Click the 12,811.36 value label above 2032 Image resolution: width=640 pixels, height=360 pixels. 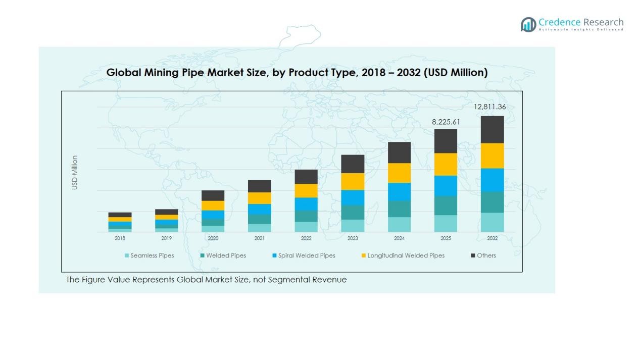click(489, 107)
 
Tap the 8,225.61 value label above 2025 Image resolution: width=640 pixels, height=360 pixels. click(446, 122)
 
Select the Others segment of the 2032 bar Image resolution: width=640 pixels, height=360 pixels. click(492, 130)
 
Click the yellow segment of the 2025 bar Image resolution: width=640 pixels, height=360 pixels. click(446, 164)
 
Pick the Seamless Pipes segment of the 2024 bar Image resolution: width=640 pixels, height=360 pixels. click(399, 225)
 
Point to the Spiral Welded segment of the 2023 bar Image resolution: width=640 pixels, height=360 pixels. click(353, 197)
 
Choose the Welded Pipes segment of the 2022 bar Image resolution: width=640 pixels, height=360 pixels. click(306, 216)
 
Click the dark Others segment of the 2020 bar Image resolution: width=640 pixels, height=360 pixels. click(213, 195)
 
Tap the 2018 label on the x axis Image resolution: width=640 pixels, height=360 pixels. click(120, 238)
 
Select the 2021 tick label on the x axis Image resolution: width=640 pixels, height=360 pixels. click(259, 238)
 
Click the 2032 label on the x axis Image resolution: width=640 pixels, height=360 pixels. click(492, 238)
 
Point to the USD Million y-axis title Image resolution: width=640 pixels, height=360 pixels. click(75, 173)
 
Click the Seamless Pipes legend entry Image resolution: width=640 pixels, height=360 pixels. click(149, 255)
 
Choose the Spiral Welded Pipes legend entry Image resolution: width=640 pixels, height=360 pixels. click(303, 255)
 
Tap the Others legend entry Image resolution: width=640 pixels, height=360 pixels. click(483, 255)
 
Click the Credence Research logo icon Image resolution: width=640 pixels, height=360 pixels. click(528, 24)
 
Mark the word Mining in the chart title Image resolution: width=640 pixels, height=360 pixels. click(161, 73)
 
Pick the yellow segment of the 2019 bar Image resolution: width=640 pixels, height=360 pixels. click(166, 217)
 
